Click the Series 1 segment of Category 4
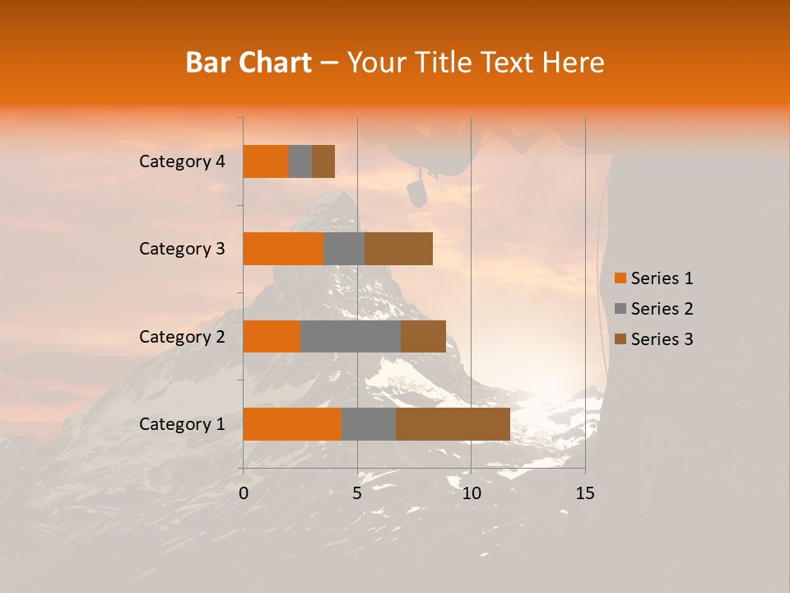click(x=266, y=161)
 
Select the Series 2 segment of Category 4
click(x=300, y=161)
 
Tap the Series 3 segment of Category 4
click(x=323, y=161)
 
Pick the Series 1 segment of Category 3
click(x=283, y=249)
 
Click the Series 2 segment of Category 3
click(x=344, y=249)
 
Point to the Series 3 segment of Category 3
click(x=398, y=249)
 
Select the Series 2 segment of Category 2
click(x=351, y=336)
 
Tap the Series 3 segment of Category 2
click(x=423, y=336)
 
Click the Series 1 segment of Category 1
click(x=292, y=424)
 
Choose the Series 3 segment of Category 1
click(x=453, y=424)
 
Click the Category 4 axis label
click(x=182, y=161)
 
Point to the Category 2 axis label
click(x=182, y=337)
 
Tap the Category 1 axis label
click(x=182, y=424)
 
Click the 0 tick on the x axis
click(x=244, y=493)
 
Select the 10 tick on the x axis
click(x=471, y=493)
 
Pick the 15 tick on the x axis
click(x=585, y=493)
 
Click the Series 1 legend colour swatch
click(x=620, y=278)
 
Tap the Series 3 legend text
click(x=662, y=339)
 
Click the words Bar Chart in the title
click(x=249, y=63)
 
